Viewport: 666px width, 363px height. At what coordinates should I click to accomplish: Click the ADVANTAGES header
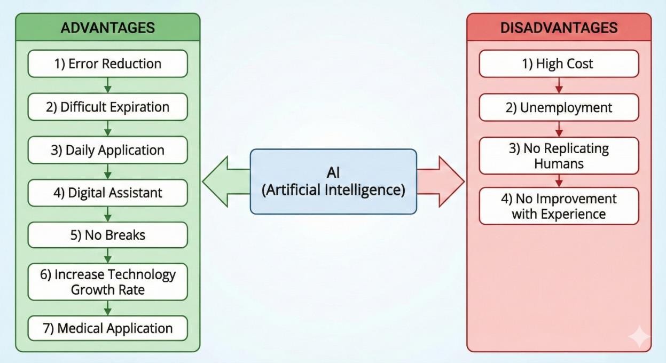click(107, 28)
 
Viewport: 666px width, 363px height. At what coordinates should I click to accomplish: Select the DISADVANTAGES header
click(559, 28)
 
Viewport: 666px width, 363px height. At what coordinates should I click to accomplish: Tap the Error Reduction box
click(107, 64)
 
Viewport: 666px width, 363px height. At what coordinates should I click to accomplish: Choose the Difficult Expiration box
click(107, 107)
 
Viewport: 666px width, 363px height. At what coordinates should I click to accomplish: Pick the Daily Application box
click(107, 150)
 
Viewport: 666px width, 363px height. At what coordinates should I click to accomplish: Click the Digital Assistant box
click(107, 193)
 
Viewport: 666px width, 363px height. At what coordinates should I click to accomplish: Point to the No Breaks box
click(107, 235)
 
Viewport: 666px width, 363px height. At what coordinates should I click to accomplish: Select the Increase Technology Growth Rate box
click(107, 282)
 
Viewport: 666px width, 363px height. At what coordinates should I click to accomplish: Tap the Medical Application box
click(107, 328)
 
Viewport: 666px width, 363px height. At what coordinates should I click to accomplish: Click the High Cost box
click(559, 64)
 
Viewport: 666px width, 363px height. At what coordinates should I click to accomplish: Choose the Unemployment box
click(559, 107)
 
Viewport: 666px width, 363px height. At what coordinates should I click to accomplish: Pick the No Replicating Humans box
click(559, 155)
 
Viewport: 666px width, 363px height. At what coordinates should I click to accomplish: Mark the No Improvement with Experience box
click(559, 206)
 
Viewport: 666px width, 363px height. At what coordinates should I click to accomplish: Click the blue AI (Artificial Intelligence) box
click(333, 181)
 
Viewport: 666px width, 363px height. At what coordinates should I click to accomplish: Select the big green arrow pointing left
click(224, 181)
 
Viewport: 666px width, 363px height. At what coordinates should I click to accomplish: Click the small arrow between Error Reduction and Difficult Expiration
click(107, 85)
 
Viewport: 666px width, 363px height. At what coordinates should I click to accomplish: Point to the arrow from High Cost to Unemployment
click(559, 85)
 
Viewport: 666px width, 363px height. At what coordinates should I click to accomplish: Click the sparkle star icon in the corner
click(639, 337)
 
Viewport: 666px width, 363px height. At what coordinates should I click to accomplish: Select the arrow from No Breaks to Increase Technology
click(107, 255)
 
